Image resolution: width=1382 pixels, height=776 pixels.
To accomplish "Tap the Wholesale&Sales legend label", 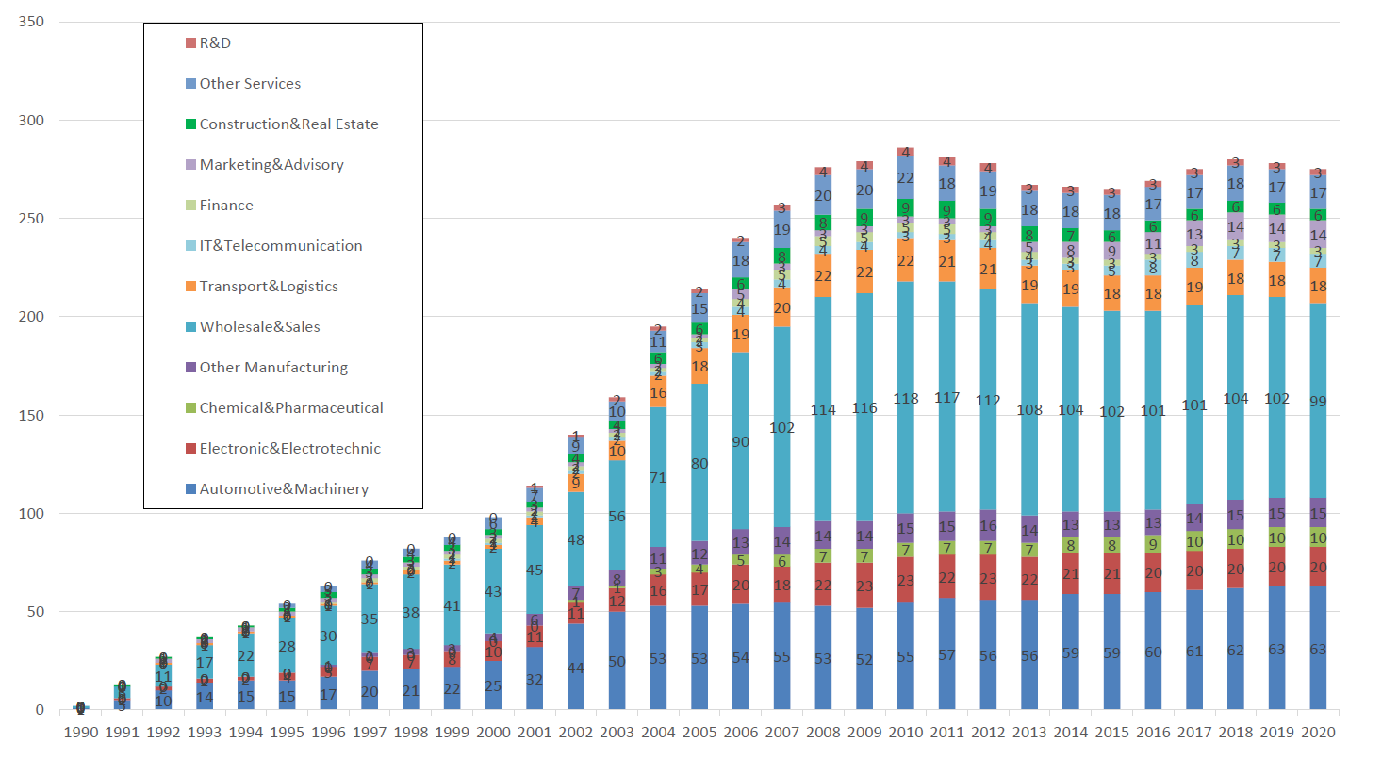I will tap(259, 327).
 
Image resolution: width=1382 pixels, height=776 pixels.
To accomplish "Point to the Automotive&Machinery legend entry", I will tap(284, 489).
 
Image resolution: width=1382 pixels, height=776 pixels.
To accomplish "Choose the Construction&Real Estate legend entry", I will tap(288, 124).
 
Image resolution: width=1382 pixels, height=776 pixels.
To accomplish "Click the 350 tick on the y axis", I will tap(31, 22).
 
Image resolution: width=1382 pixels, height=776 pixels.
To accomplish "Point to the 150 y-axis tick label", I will tap(31, 415).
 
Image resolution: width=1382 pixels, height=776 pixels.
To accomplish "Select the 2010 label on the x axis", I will tap(906, 733).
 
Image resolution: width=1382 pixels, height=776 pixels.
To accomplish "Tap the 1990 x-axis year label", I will tap(81, 733).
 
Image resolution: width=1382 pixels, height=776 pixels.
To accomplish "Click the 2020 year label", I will tap(1318, 733).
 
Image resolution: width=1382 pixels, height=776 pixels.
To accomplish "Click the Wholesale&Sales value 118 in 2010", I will tap(906, 399).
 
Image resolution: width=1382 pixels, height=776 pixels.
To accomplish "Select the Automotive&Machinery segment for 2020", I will tap(1318, 649).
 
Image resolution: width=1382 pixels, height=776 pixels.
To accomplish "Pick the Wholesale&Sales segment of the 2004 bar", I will tap(658, 477).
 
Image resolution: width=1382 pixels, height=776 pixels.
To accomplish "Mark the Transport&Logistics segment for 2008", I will tap(823, 276).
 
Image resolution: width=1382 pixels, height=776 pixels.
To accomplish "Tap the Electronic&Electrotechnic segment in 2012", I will tap(988, 578).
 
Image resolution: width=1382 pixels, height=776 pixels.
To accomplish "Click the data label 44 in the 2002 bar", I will tap(576, 669).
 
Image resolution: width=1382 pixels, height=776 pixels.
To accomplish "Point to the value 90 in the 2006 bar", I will tap(741, 442).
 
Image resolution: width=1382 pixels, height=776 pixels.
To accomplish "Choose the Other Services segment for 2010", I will tap(906, 178).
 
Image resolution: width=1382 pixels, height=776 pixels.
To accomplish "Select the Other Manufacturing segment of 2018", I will tap(1236, 516).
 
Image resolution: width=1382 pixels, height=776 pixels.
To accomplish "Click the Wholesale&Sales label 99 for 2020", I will tap(1318, 402).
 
